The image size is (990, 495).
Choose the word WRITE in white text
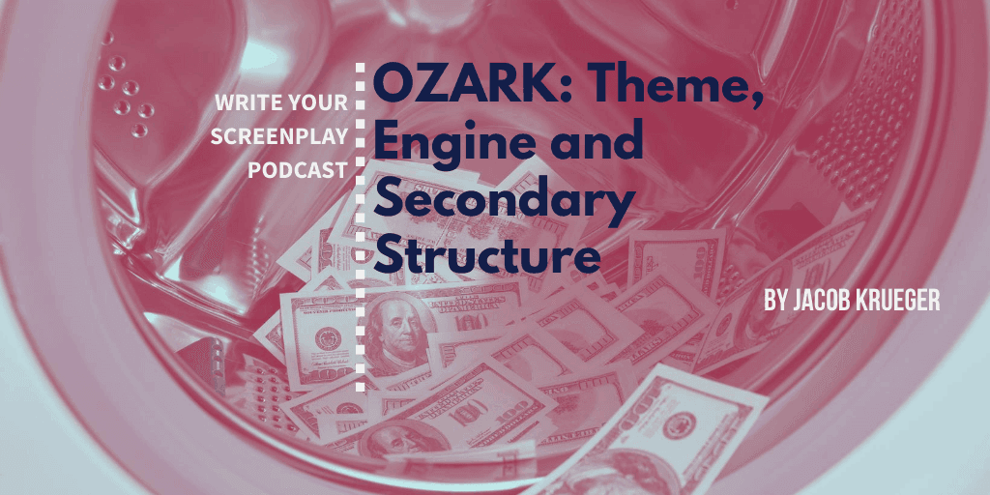[247, 102]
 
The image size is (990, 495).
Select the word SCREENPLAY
[279, 136]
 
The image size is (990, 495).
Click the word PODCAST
[298, 170]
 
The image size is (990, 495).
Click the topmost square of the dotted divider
[361, 68]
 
